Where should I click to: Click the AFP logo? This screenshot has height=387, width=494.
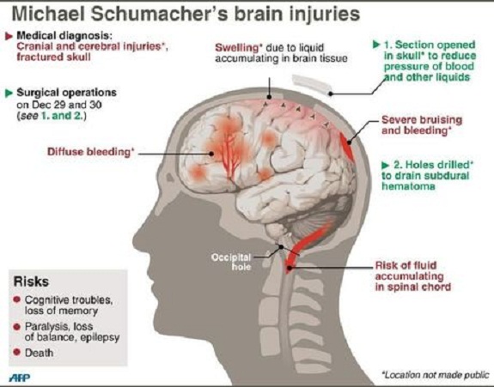tap(20, 378)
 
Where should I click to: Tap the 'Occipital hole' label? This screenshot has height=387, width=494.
tap(232, 262)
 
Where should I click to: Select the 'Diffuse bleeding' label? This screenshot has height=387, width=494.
tap(91, 152)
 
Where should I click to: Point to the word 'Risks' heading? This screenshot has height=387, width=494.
tap(31, 281)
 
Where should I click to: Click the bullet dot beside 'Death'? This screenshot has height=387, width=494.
tap(16, 352)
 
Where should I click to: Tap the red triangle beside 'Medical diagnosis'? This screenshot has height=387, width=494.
tap(9, 36)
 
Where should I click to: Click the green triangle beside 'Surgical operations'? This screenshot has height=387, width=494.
tap(9, 94)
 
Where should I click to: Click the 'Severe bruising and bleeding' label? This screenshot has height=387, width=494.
tap(422, 125)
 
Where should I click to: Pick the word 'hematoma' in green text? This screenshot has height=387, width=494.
tap(408, 186)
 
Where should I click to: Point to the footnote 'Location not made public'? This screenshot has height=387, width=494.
tap(436, 375)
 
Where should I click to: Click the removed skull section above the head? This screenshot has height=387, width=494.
tap(312, 84)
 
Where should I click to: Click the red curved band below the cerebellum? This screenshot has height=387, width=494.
tap(308, 245)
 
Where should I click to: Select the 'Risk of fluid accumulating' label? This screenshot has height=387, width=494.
tap(412, 276)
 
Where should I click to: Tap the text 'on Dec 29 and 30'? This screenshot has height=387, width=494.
tap(59, 104)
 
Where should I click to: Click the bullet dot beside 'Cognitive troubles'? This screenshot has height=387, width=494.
tap(16, 299)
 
